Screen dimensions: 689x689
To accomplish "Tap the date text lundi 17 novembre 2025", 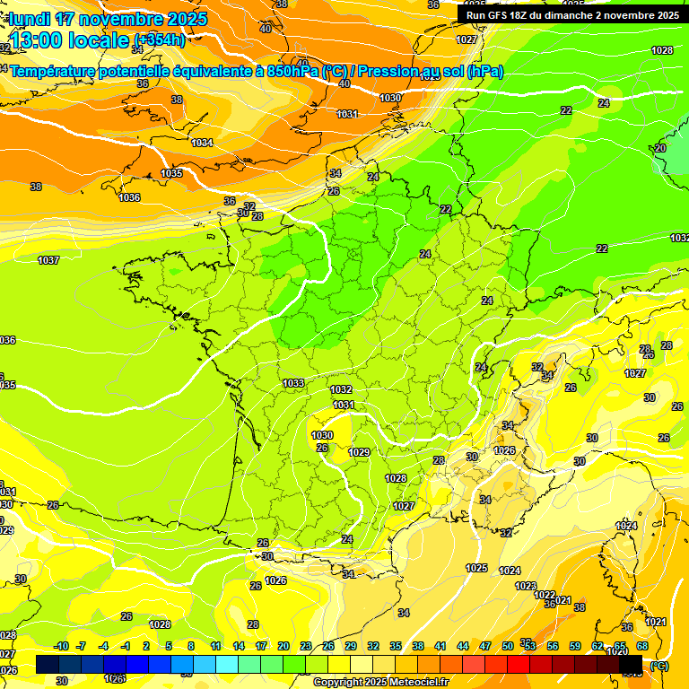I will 108,19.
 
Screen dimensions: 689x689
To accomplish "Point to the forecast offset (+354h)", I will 160,40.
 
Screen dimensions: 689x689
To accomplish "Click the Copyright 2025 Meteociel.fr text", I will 381,683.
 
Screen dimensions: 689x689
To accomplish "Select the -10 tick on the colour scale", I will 61,647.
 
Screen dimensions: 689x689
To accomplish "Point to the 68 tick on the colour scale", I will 642,647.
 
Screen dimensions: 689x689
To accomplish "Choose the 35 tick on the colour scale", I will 396,647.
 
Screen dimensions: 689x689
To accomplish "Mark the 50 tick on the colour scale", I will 508,647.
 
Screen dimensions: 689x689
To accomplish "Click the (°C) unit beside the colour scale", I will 659,666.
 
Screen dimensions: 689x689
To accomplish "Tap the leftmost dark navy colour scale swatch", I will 48,664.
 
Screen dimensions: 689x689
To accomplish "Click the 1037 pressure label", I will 48,260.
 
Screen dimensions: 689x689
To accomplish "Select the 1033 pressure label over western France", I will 293,383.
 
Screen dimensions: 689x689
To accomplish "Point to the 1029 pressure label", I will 359,452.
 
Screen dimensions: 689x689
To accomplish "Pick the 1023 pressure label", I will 526,586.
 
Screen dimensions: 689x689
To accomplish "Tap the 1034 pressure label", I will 202,144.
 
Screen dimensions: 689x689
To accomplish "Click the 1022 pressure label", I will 545,595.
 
